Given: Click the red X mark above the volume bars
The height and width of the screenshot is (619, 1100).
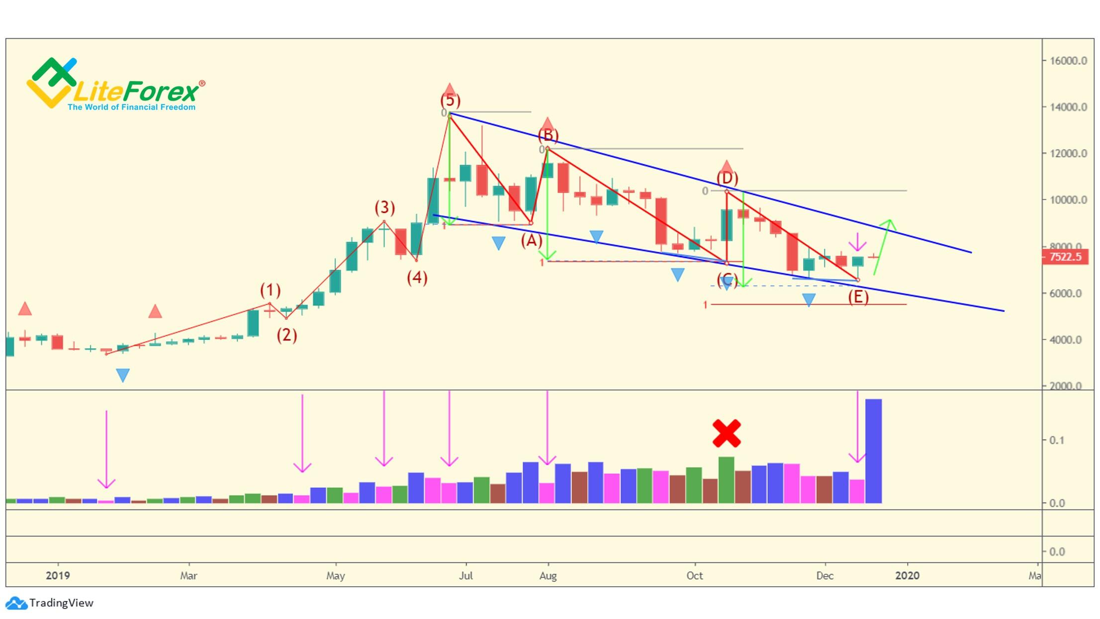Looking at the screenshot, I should point(727,433).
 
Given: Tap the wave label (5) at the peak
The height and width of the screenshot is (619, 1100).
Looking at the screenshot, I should point(450,101).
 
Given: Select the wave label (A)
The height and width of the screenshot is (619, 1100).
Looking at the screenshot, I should point(531,241).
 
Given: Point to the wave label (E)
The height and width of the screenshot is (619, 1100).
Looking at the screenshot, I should point(858,297).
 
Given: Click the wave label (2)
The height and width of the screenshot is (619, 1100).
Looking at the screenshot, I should point(287,335).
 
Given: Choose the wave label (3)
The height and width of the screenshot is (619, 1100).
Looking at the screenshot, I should point(384,207).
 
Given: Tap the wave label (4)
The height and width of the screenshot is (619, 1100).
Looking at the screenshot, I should point(417,278).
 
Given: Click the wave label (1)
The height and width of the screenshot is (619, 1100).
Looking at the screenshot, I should point(270,290).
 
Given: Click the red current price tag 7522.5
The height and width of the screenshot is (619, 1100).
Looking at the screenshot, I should point(1065,257).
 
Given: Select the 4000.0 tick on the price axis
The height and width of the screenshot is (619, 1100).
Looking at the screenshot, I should point(1065,340).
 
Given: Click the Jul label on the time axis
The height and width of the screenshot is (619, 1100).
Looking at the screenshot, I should point(466,576).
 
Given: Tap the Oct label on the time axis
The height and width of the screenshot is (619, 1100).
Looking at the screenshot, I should point(694,576).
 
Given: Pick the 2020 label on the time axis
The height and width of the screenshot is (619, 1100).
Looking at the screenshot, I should point(907,576).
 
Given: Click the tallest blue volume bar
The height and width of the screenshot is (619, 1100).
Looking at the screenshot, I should point(873,450).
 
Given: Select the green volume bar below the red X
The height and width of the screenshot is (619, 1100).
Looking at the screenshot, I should point(726,480).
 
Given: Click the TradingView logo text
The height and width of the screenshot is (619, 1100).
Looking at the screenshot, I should point(61,603).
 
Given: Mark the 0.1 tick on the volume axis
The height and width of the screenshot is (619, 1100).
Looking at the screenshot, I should point(1057,440).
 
